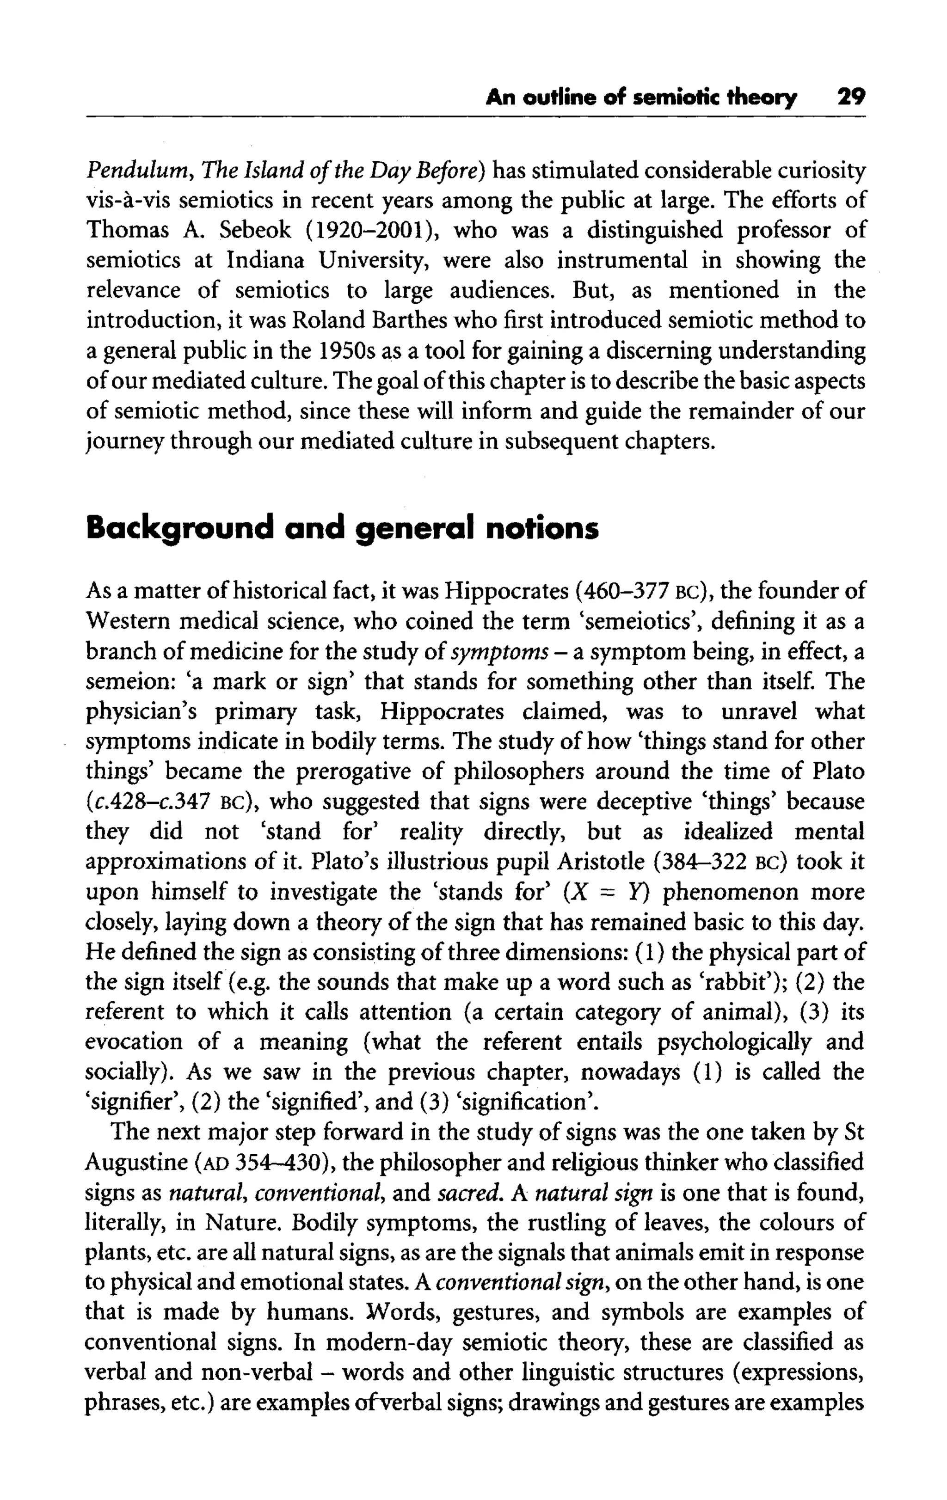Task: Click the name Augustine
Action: point(136,1163)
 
